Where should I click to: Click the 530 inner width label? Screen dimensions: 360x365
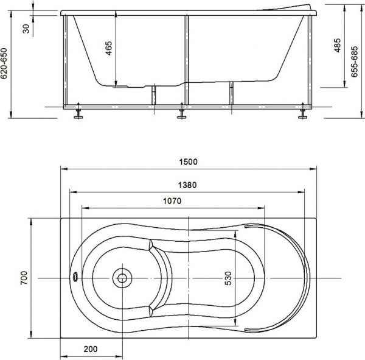tap(228, 278)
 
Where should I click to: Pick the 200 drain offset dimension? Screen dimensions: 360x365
tap(91, 350)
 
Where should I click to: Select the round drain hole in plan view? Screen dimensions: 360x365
tap(122, 278)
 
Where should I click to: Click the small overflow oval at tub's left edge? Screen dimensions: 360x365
tap(75, 277)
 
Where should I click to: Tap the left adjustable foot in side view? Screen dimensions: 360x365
tap(77, 114)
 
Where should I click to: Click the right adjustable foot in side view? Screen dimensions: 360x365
tap(302, 114)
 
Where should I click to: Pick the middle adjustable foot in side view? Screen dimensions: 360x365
tap(181, 114)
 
